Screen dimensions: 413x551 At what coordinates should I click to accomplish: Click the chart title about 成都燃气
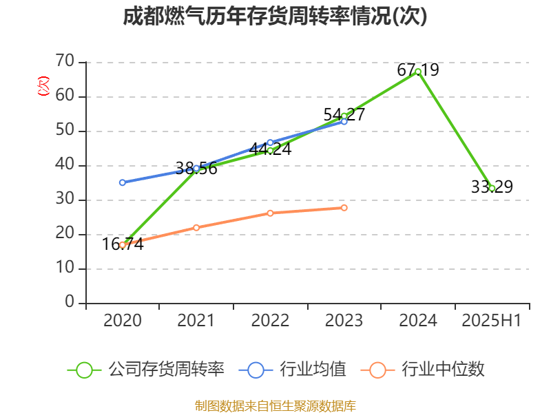pos(275,17)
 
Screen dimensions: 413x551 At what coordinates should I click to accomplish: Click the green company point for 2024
pos(418,72)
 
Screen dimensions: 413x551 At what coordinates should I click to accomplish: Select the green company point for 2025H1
pos(492,188)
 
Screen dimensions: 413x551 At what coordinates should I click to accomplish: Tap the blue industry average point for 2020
pos(123,182)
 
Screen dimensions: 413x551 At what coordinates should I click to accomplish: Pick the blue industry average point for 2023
pos(344,122)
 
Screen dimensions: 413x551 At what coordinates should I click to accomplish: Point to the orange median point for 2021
pos(196,228)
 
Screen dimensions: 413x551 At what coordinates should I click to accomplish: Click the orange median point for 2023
pos(344,208)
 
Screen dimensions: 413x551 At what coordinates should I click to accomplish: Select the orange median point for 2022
pos(270,213)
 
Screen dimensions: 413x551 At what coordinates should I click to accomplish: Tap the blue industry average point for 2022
pos(270,142)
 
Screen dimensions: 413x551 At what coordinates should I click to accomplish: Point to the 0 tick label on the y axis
pos(69,303)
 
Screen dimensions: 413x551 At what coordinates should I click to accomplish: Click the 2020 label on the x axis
pos(123,321)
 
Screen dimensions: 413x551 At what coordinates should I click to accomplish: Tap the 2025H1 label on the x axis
pos(492,321)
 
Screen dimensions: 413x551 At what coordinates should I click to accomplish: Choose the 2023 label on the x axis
pos(344,321)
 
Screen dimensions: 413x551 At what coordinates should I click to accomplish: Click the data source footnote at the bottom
pos(275,405)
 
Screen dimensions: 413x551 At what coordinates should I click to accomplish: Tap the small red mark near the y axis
pos(43,87)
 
